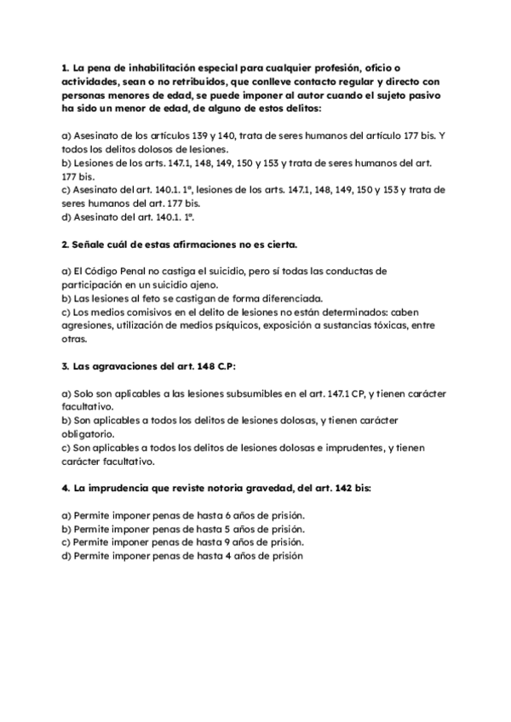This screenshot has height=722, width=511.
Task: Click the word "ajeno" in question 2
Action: click(202, 285)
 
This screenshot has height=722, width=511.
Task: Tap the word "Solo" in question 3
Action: click(88, 394)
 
